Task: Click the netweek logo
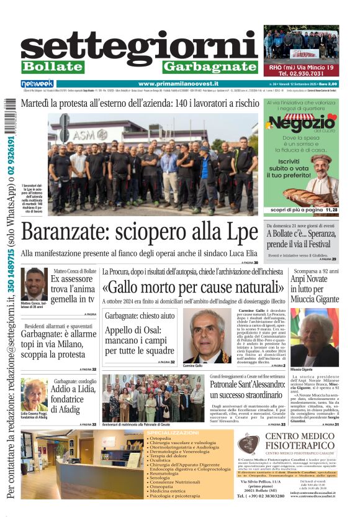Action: click(x=37, y=84)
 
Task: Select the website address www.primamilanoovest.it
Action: click(x=178, y=84)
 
